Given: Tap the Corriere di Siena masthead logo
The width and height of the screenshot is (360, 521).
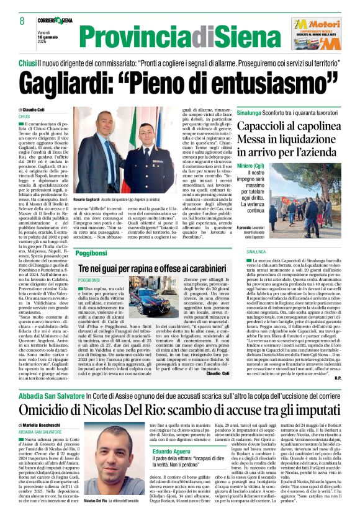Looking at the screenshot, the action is pyautogui.click(x=56, y=20).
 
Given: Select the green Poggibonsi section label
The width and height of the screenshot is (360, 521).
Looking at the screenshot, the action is pyautogui.click(x=91, y=254).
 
